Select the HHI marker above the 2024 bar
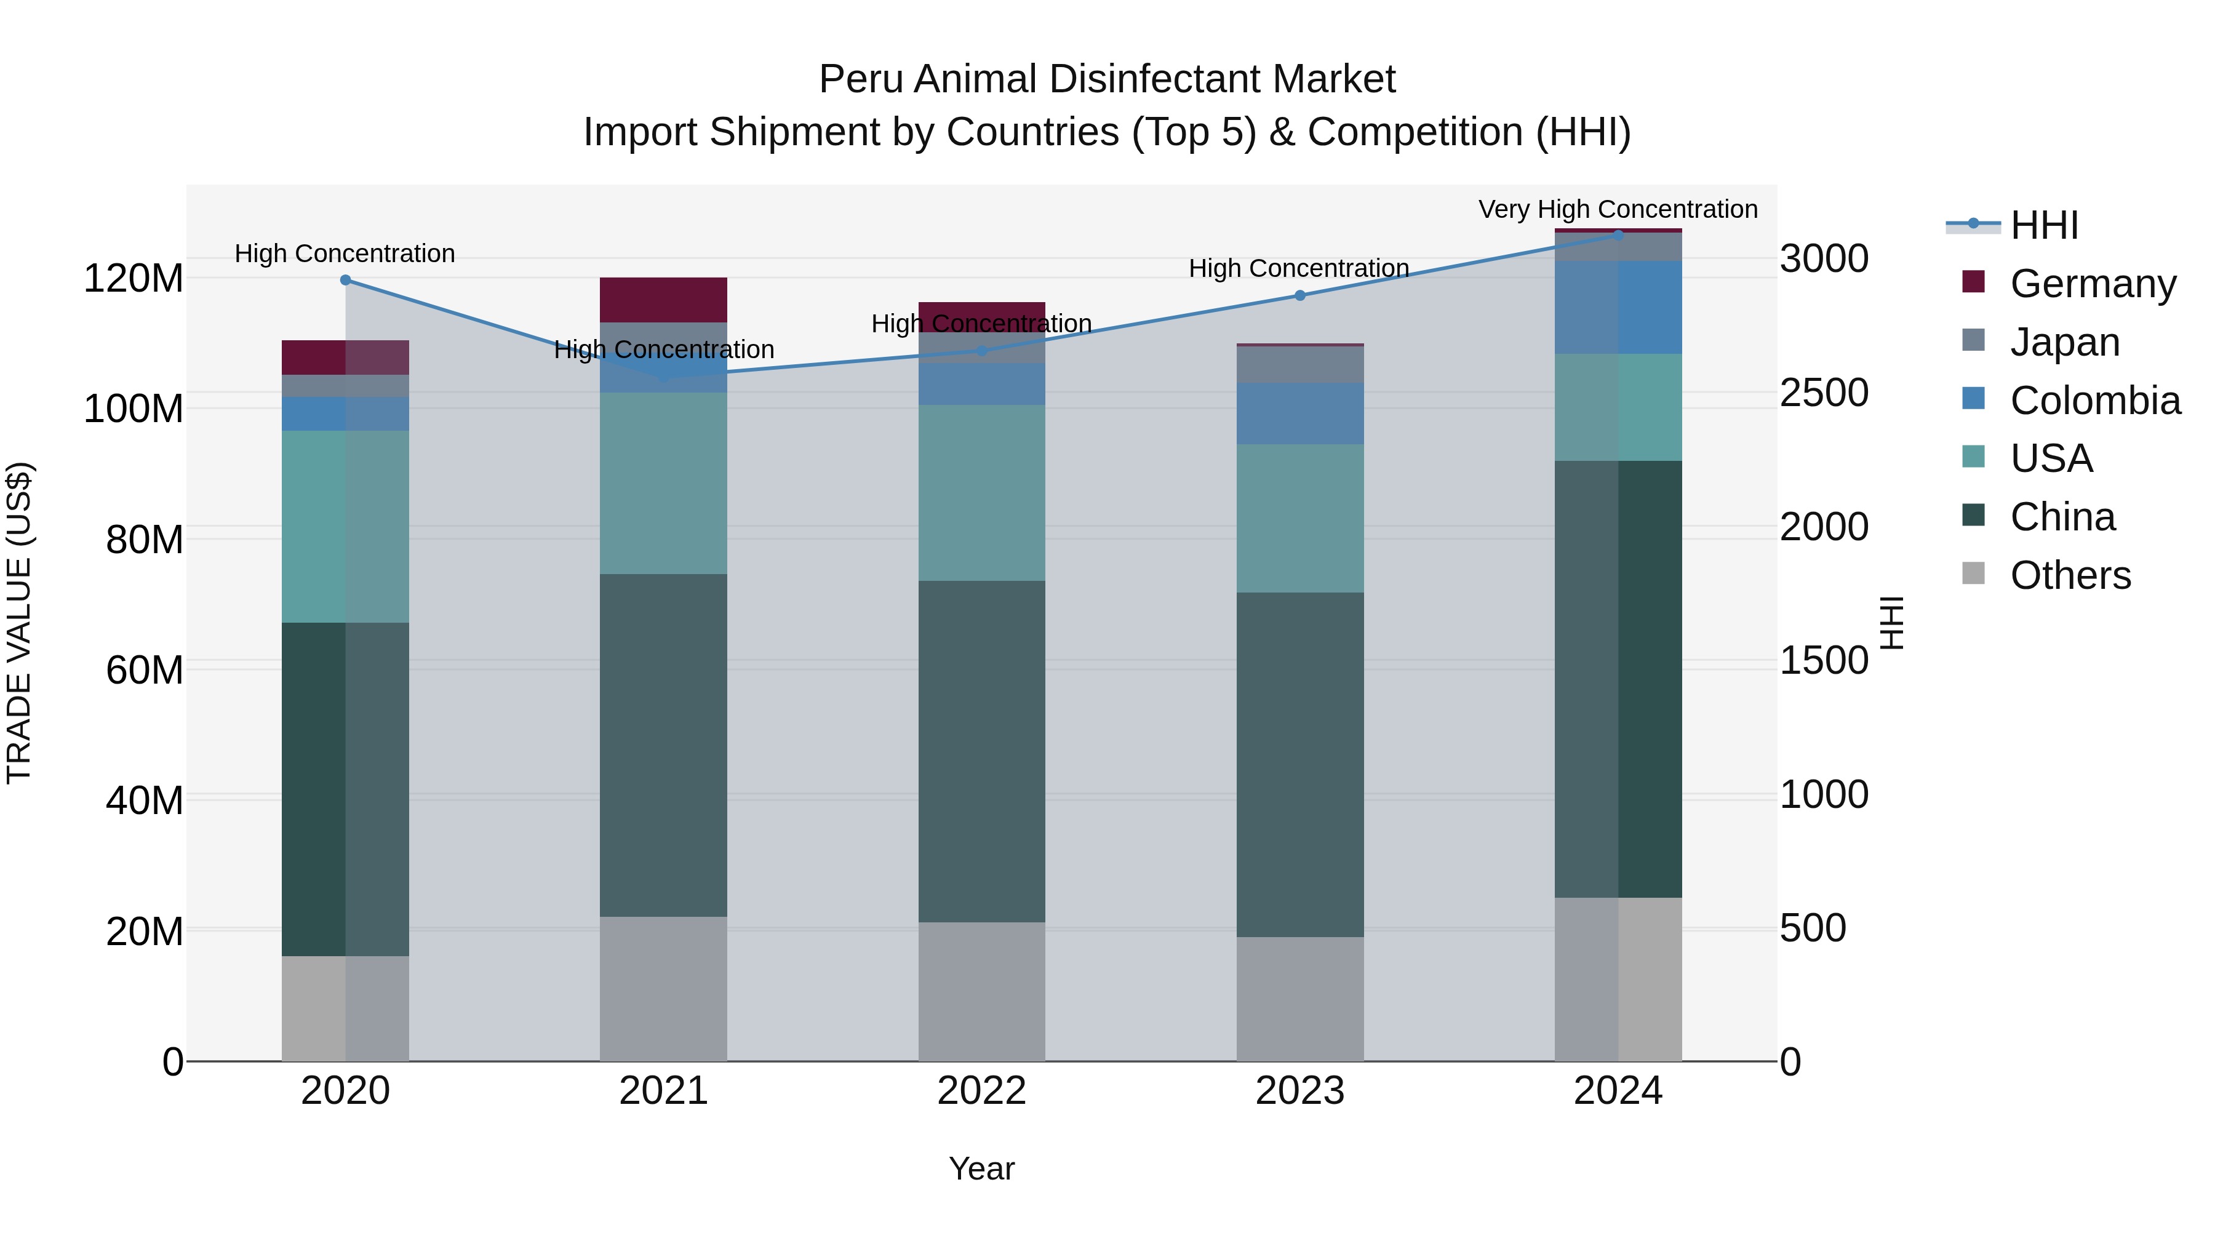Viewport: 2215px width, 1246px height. point(1618,236)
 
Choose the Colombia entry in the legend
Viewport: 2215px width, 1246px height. point(2094,401)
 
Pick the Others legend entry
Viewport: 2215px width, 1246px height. point(2070,575)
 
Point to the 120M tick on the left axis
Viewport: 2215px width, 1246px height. point(134,279)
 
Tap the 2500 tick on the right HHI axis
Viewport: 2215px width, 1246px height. point(1824,393)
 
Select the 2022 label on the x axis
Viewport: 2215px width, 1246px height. point(981,1091)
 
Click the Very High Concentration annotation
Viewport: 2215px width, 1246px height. point(1618,209)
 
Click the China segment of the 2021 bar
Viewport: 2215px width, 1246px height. point(663,744)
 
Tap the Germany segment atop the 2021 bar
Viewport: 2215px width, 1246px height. point(663,299)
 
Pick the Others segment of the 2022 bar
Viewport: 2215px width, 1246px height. point(981,991)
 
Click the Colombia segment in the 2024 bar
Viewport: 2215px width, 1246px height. point(1618,307)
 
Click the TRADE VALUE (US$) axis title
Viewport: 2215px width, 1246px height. point(19,623)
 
